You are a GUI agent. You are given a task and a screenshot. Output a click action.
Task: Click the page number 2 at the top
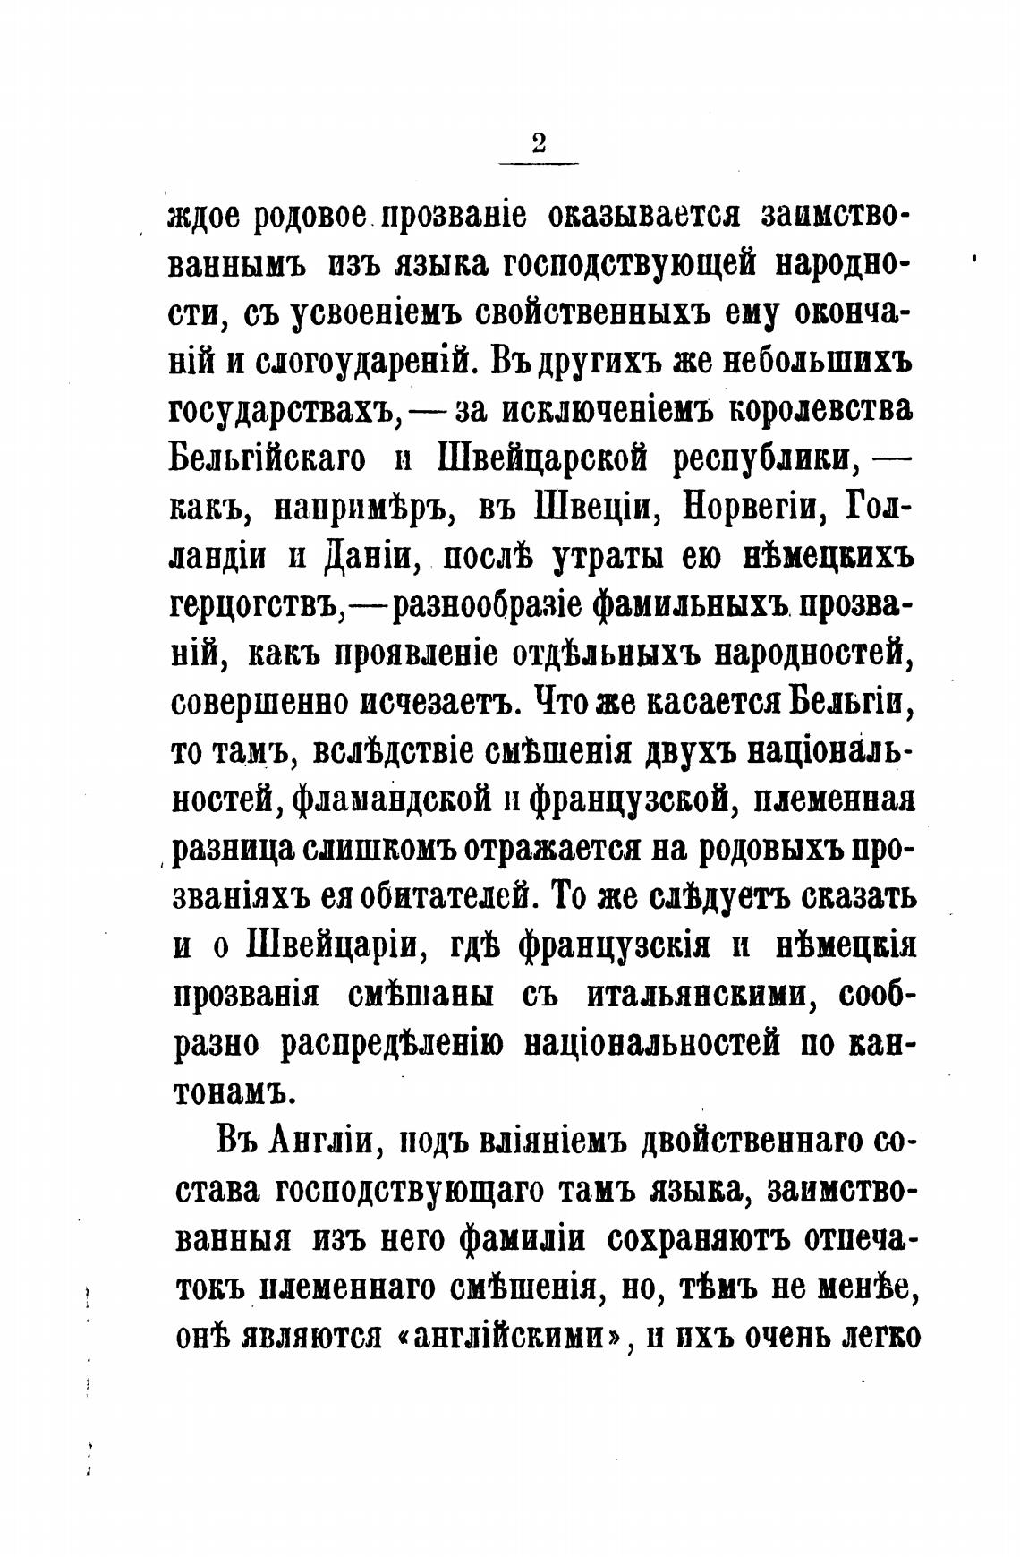(x=538, y=143)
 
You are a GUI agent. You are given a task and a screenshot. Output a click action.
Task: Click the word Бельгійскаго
(x=268, y=459)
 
